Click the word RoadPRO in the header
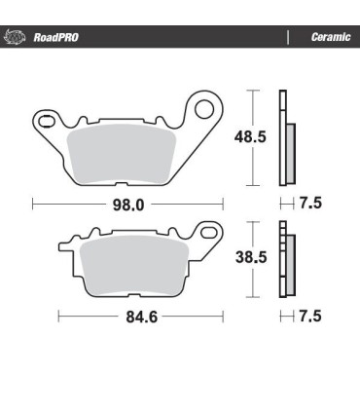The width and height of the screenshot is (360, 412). pyautogui.click(x=55, y=38)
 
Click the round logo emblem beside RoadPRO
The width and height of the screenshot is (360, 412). pyautogui.click(x=15, y=38)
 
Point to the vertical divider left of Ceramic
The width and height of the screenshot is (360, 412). pyautogui.click(x=288, y=38)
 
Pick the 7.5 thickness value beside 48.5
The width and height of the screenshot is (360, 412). pyautogui.click(x=308, y=205)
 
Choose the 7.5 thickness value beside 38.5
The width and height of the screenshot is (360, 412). pyautogui.click(x=308, y=316)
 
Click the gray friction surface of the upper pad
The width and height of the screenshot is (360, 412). pyautogui.click(x=121, y=154)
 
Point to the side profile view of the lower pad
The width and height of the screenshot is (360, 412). pyautogui.click(x=285, y=259)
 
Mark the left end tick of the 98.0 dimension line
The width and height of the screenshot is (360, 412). pyautogui.click(x=32, y=205)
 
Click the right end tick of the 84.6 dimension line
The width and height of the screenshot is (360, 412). pyautogui.click(x=223, y=316)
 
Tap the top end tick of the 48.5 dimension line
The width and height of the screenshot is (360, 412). pyautogui.click(x=253, y=91)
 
